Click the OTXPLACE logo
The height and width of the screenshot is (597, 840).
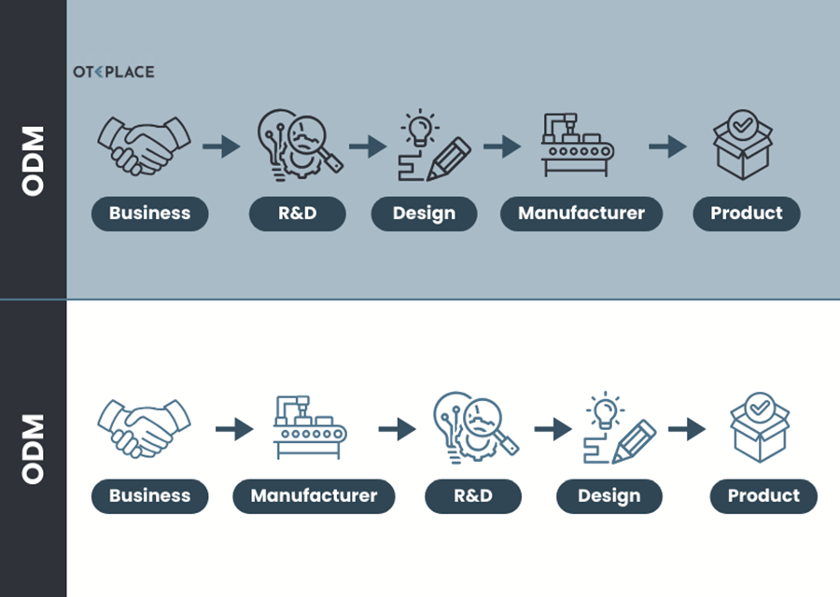[x=114, y=72]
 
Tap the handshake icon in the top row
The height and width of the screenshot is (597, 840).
[x=144, y=145]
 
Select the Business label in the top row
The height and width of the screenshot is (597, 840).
[x=149, y=214]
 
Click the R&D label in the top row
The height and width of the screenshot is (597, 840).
[x=297, y=214]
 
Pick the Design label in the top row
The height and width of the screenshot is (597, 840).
[x=424, y=214]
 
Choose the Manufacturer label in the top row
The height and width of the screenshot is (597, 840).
[x=581, y=214]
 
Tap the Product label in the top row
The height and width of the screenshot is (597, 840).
[x=747, y=214]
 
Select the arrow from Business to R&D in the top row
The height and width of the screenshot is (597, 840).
[x=221, y=146]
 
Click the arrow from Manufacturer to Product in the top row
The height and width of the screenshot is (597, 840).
[x=667, y=146]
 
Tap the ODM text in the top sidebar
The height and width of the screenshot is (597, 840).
[x=34, y=160]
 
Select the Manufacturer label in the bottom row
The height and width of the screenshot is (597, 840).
[x=314, y=496]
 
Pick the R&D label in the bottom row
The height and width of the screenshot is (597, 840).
[x=472, y=496]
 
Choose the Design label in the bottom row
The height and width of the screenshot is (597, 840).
[x=609, y=496]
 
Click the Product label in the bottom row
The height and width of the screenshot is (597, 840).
[x=763, y=496]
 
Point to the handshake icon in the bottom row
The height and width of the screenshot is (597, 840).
[x=144, y=428]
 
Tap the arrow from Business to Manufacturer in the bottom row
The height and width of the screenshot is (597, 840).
[x=234, y=429]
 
